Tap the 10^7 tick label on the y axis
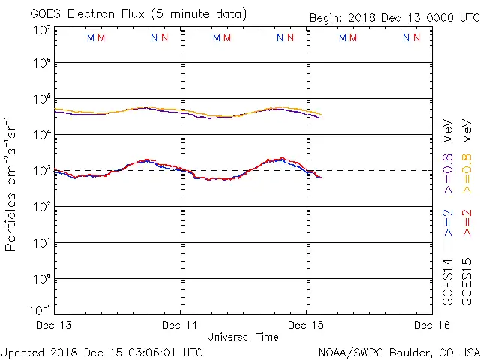click(x=41, y=31)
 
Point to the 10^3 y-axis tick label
click(x=41, y=172)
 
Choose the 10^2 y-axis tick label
click(x=41, y=208)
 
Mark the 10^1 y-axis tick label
click(x=41, y=244)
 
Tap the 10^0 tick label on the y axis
click(x=41, y=280)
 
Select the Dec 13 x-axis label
click(x=54, y=325)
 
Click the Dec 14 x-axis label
click(x=180, y=325)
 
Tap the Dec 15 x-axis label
click(x=306, y=325)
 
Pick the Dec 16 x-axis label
click(x=432, y=325)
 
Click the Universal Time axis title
click(x=243, y=337)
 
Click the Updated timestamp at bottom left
click(x=102, y=351)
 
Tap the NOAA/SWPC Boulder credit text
click(x=398, y=351)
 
